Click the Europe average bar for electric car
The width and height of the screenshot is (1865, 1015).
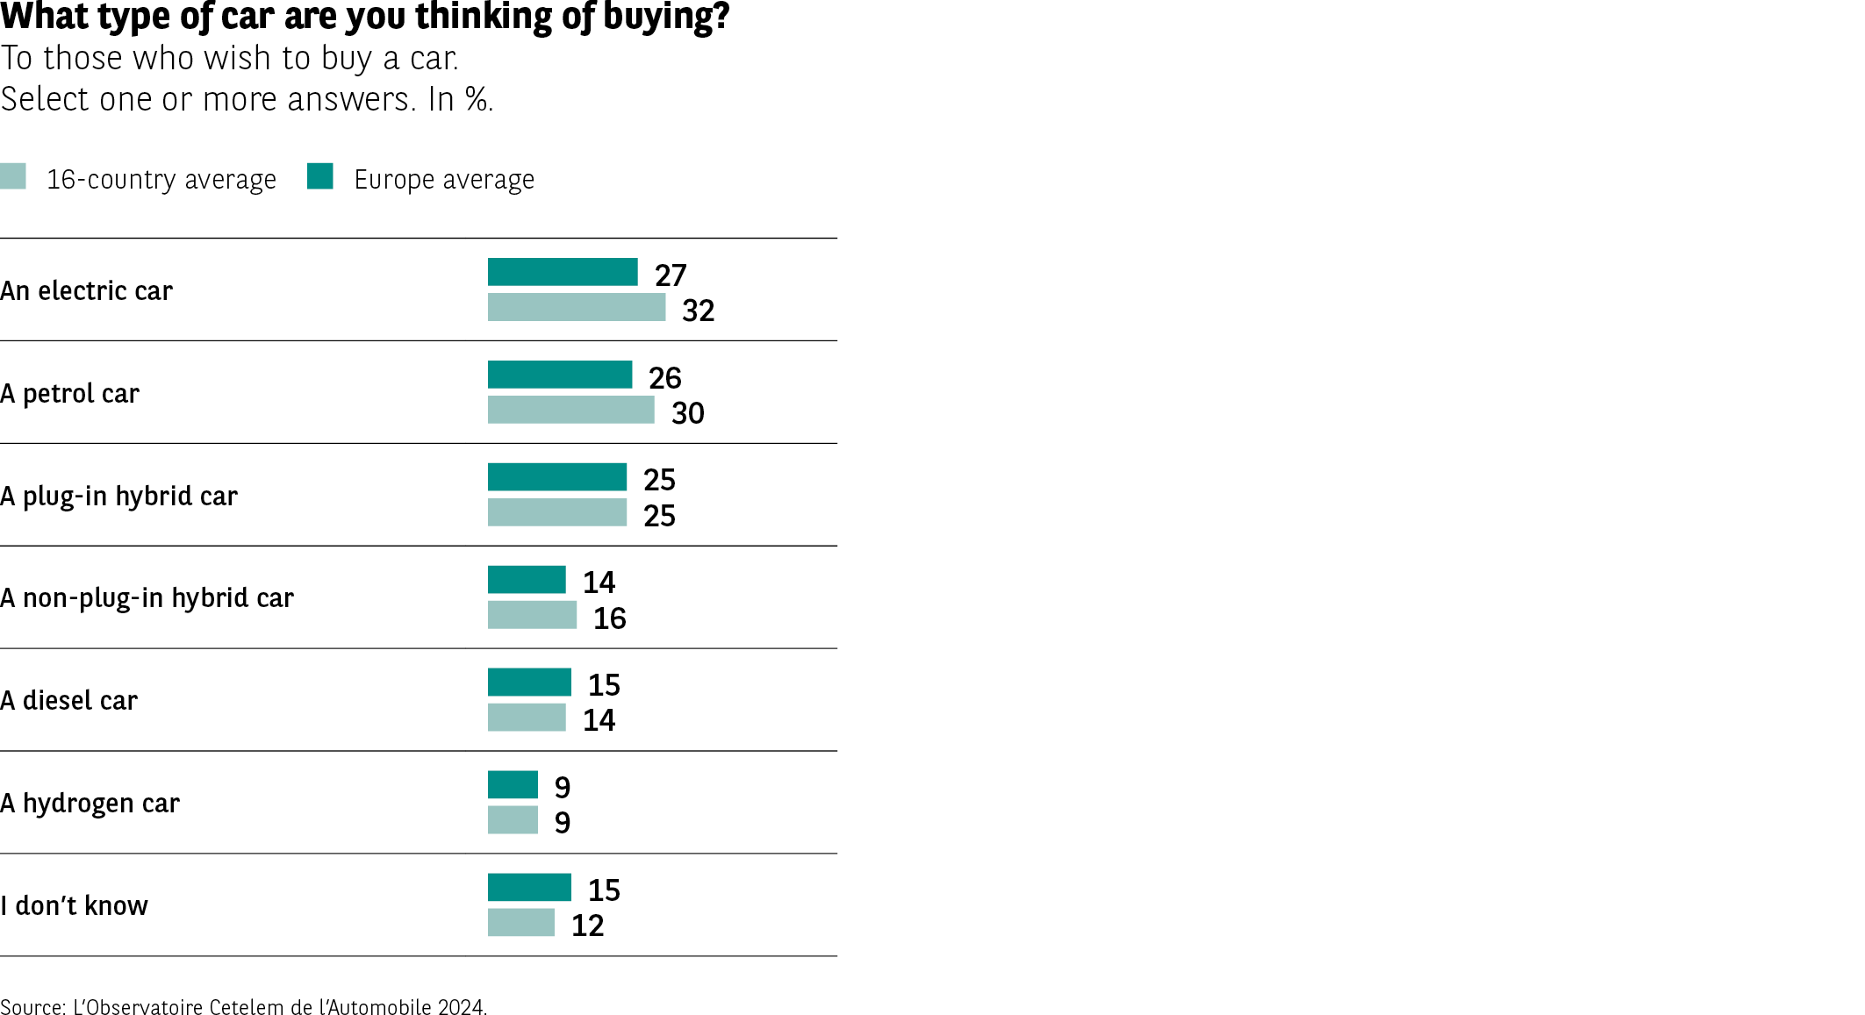click(x=563, y=272)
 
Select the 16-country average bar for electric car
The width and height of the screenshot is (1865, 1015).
click(x=577, y=307)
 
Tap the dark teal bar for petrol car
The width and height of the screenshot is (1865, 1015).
click(x=560, y=375)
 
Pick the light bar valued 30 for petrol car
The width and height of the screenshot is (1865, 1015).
click(x=570, y=410)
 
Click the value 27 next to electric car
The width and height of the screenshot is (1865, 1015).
click(x=671, y=275)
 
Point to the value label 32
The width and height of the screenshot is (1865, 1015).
click(x=698, y=311)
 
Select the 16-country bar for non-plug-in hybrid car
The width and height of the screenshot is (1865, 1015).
click(x=532, y=615)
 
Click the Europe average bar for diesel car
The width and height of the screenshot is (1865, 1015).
click(x=529, y=682)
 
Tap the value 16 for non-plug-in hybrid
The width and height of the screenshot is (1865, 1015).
click(x=609, y=618)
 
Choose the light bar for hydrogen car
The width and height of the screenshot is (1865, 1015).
click(x=513, y=819)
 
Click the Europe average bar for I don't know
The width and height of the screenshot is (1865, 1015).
click(x=529, y=887)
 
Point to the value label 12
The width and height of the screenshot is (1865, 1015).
click(x=587, y=926)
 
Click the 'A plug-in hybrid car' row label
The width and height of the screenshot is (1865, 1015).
click(x=118, y=496)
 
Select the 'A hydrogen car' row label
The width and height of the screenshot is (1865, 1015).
click(x=90, y=803)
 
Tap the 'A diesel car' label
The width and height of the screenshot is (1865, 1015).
click(x=68, y=700)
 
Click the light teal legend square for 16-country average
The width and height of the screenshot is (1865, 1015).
click(x=13, y=176)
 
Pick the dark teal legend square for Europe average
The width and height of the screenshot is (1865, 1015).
click(x=320, y=176)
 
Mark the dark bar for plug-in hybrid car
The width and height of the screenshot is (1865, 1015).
click(x=557, y=477)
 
